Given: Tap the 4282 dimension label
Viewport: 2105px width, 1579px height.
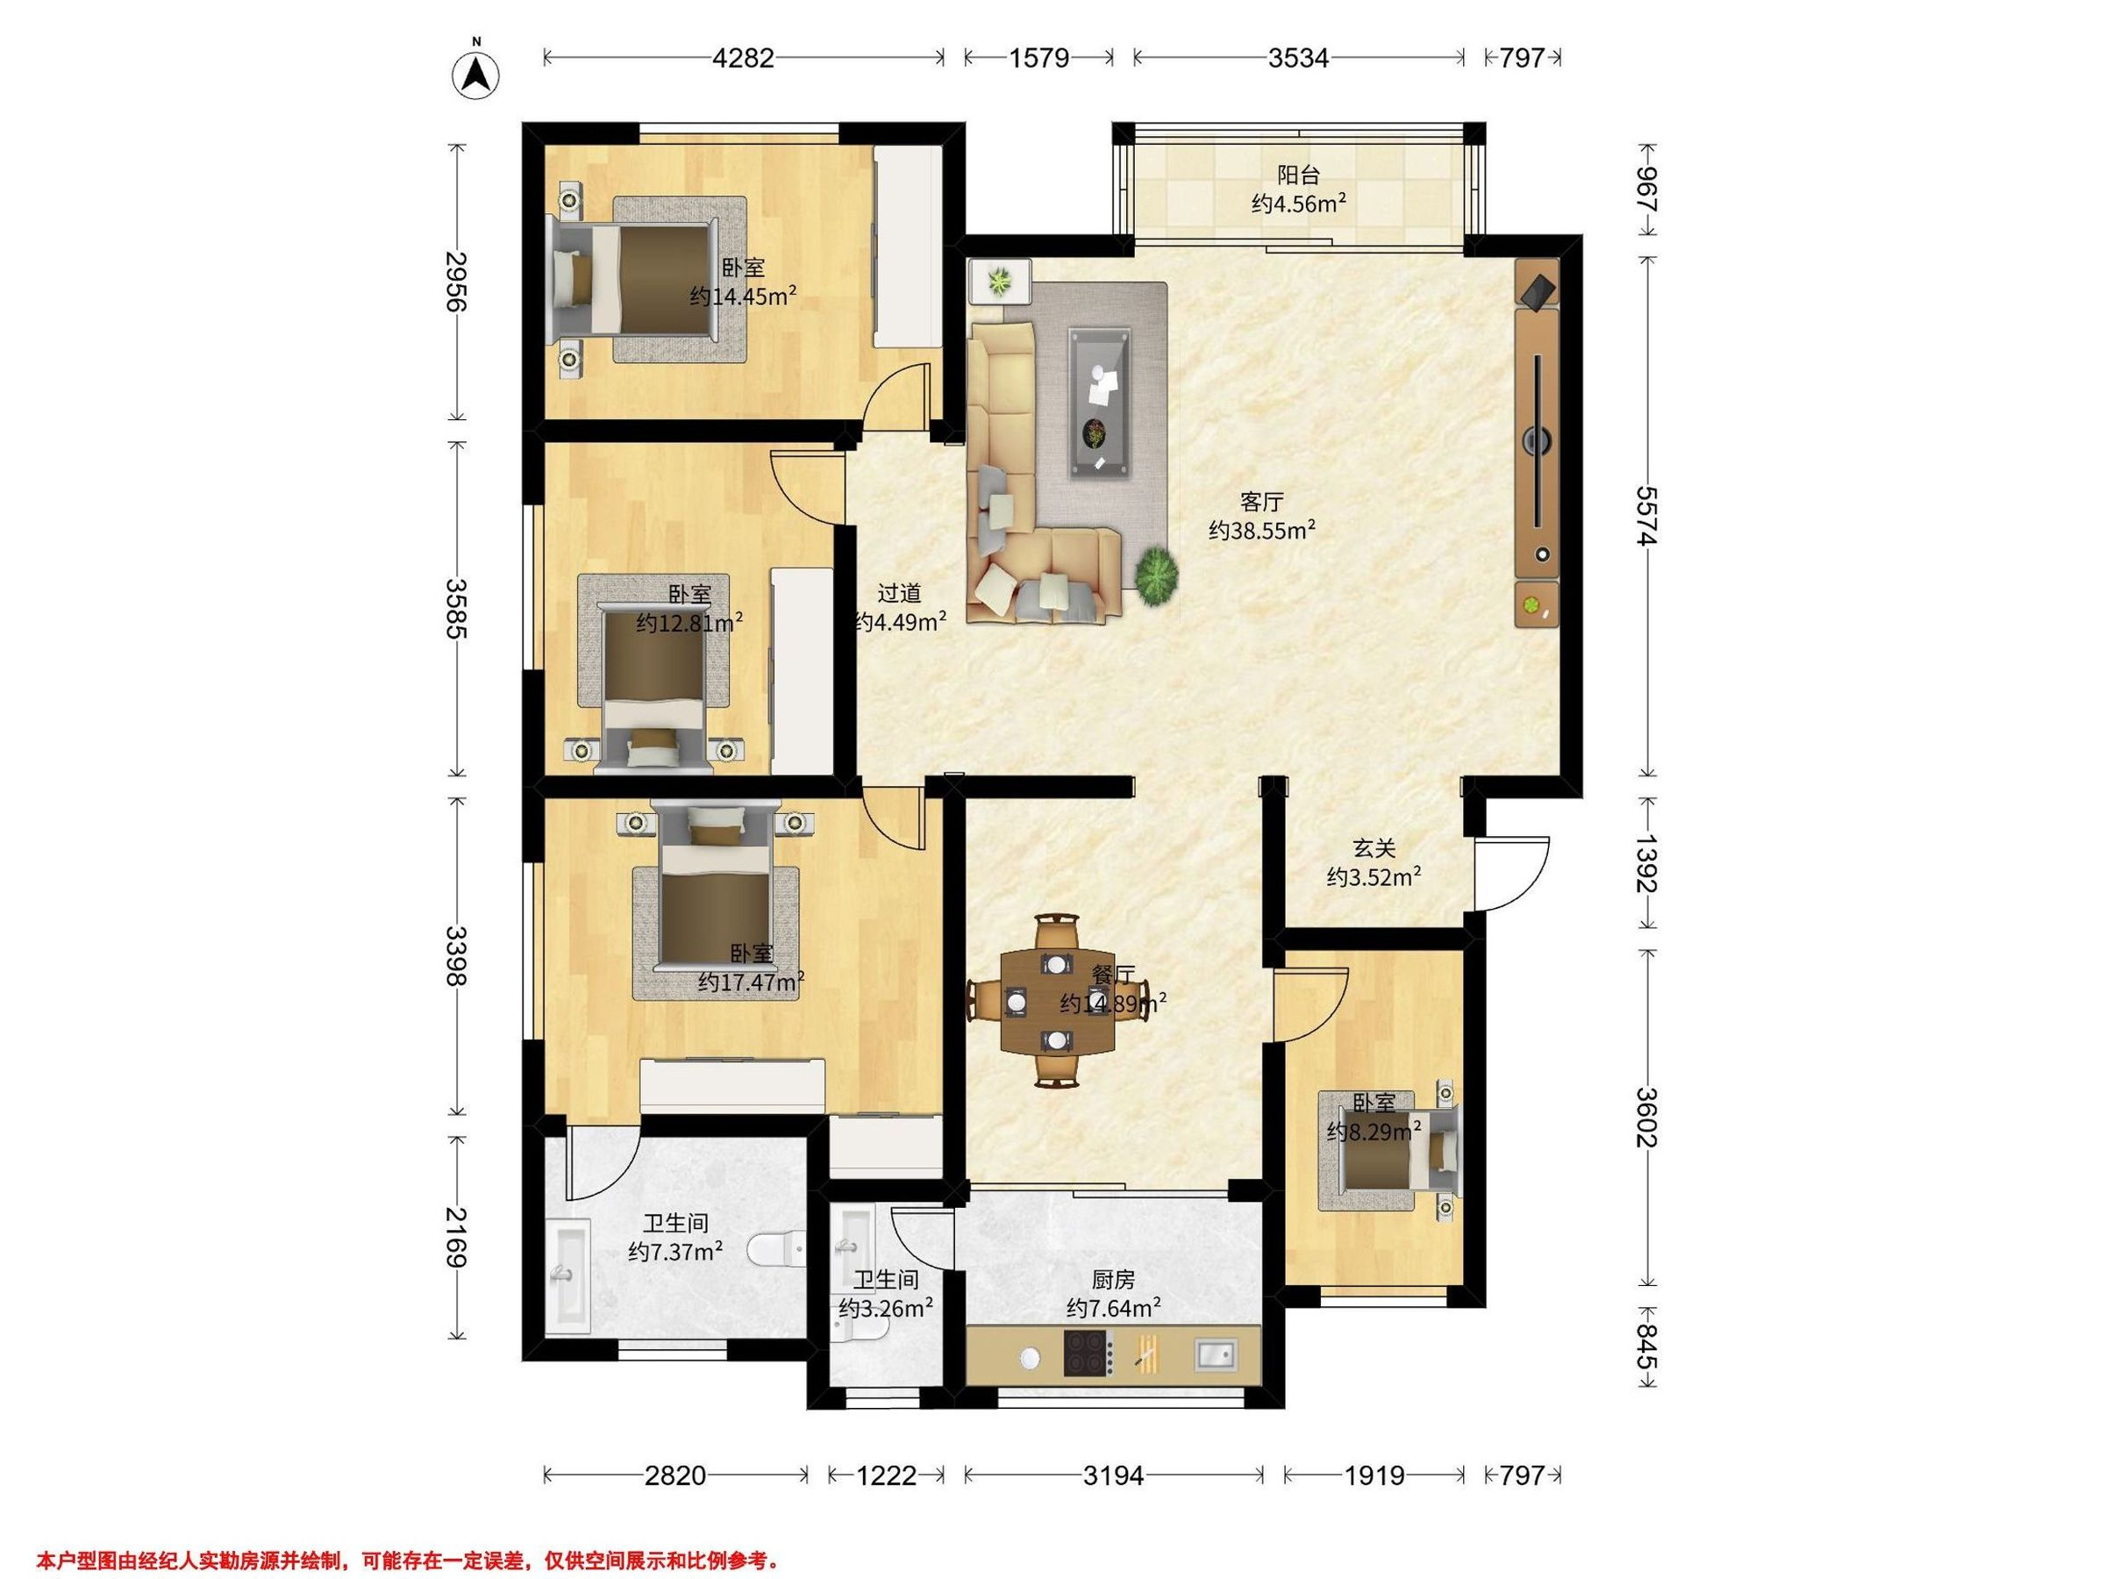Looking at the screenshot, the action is [x=743, y=58].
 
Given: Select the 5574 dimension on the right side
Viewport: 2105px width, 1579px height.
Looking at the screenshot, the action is [x=1646, y=516].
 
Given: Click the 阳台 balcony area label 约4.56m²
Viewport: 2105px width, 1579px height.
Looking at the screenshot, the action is [x=1298, y=203].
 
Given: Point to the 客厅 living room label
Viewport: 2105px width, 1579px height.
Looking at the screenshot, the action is [x=1262, y=502].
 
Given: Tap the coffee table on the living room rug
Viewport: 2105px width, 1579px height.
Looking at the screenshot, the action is [x=1100, y=401].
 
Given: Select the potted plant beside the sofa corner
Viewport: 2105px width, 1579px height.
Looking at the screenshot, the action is [x=1155, y=575].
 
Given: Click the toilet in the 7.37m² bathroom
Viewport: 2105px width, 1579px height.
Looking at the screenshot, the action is [x=779, y=1249].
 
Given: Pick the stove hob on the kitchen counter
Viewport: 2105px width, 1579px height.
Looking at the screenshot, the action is [x=1088, y=1353].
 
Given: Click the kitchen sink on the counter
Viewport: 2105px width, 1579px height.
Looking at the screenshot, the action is [x=1214, y=1353].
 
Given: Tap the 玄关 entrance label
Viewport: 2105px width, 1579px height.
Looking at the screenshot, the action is [x=1374, y=848].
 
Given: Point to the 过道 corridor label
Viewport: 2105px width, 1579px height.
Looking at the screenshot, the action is [x=899, y=594].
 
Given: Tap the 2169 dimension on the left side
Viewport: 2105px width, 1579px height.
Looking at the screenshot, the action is [x=458, y=1236].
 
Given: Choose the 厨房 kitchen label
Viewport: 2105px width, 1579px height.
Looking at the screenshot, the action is [x=1112, y=1280].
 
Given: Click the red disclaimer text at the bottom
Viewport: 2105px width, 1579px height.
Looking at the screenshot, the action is [x=407, y=1560].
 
